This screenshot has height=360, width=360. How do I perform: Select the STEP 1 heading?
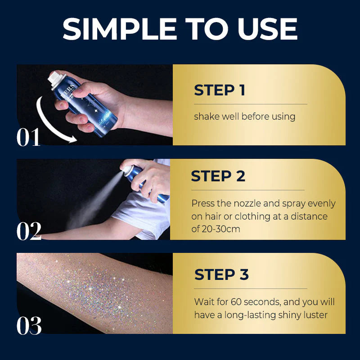click(x=220, y=90)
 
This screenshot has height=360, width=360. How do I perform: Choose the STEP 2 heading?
click(x=218, y=176)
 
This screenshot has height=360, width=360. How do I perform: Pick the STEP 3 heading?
click(x=221, y=274)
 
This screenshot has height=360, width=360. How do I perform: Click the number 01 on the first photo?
click(x=29, y=138)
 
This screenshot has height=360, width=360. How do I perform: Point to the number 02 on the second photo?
click(x=29, y=232)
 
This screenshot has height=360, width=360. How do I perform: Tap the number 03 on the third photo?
click(x=29, y=326)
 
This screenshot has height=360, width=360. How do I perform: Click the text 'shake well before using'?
click(x=244, y=117)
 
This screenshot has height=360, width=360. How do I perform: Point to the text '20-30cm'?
click(x=222, y=229)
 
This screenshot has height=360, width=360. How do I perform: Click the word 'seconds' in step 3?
click(x=263, y=302)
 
